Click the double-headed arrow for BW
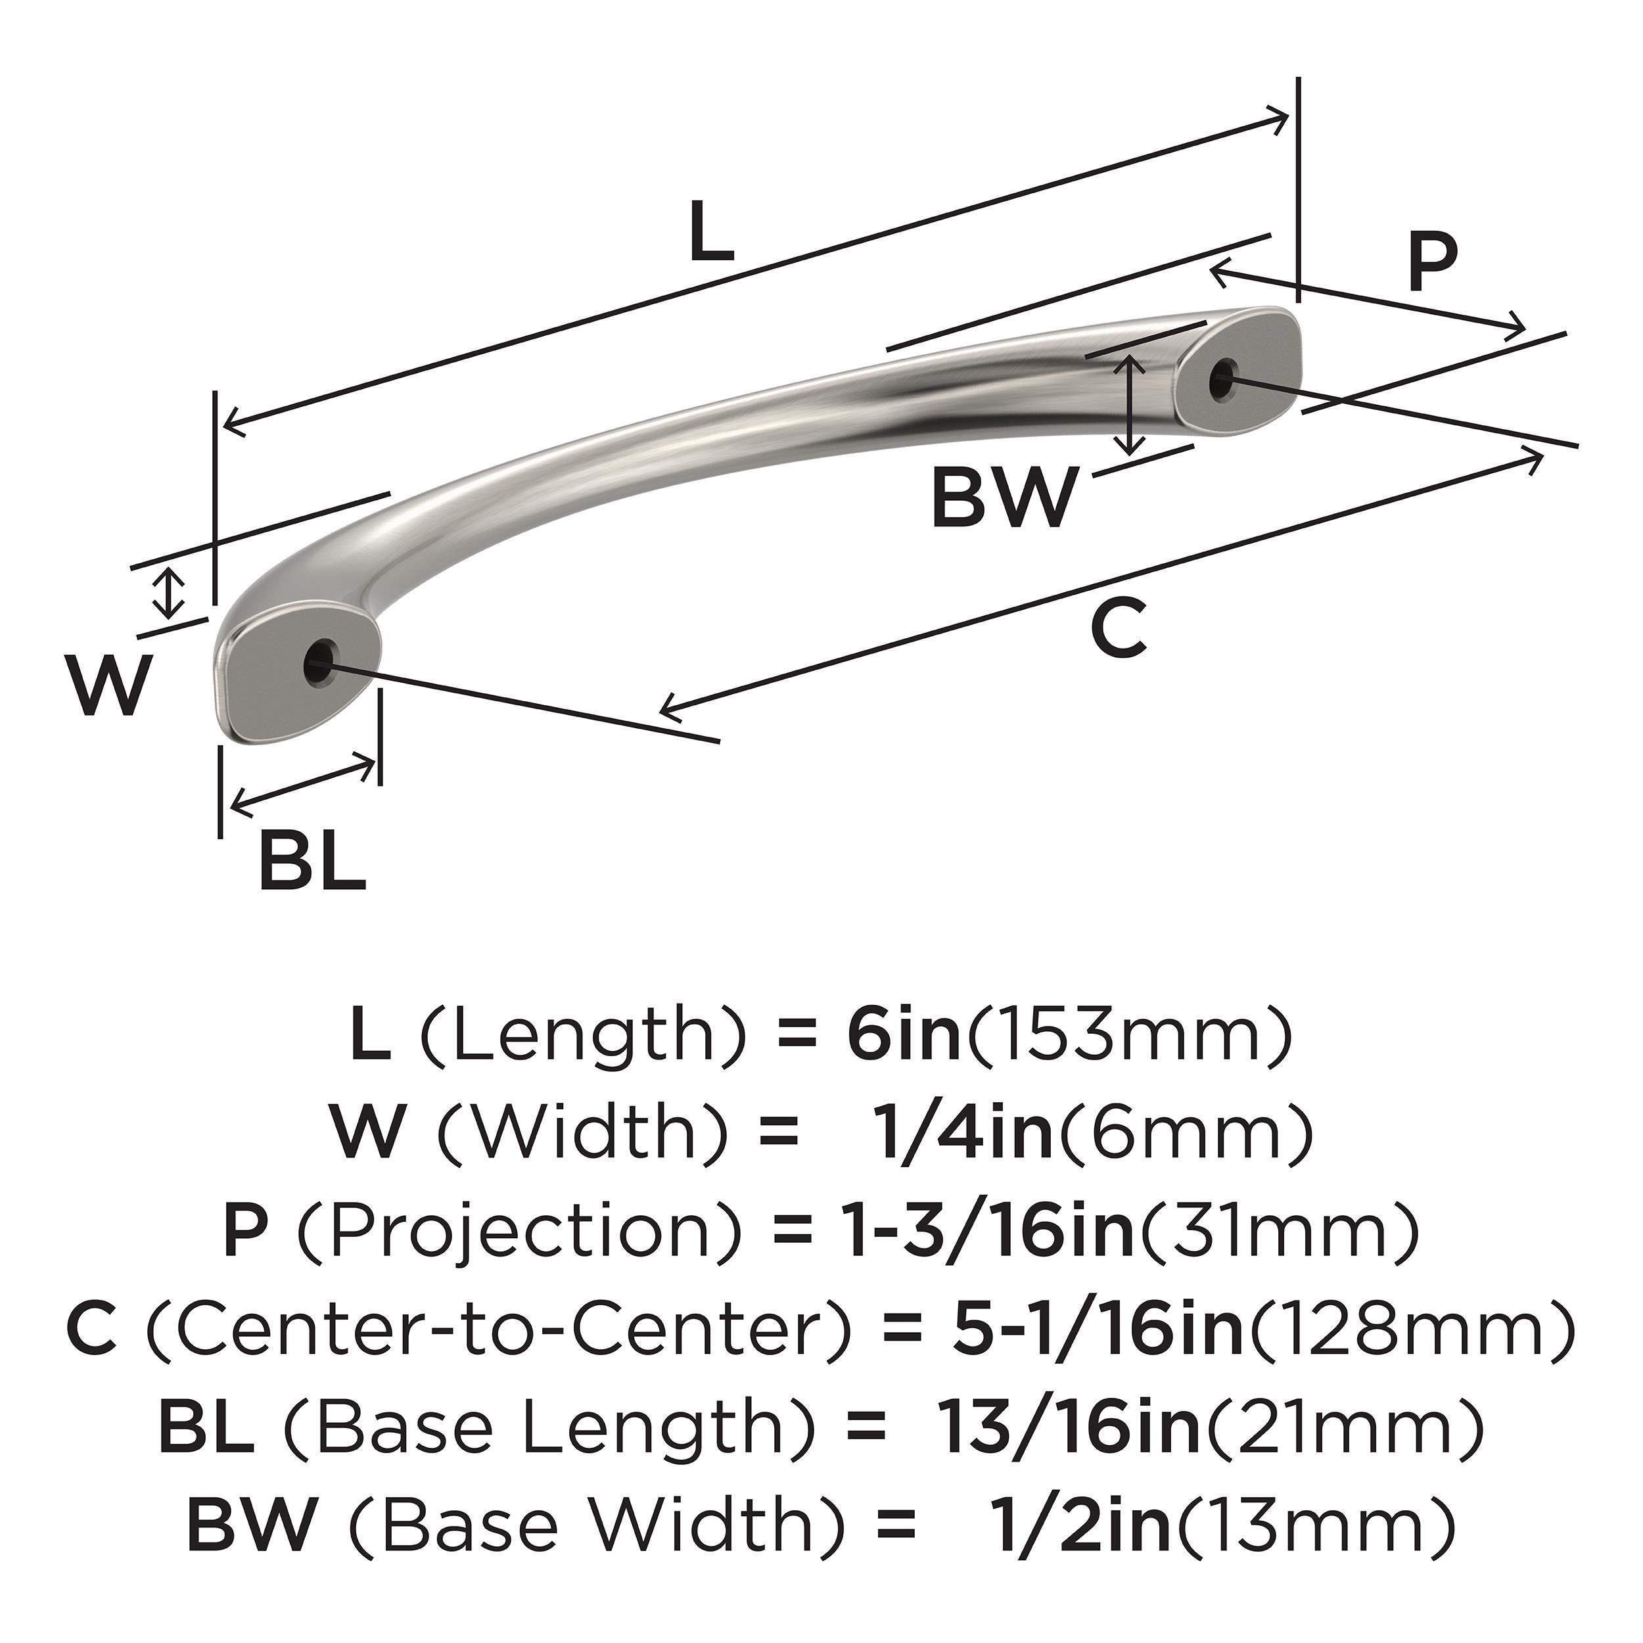pos(1129,405)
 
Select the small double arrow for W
pos(171,593)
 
